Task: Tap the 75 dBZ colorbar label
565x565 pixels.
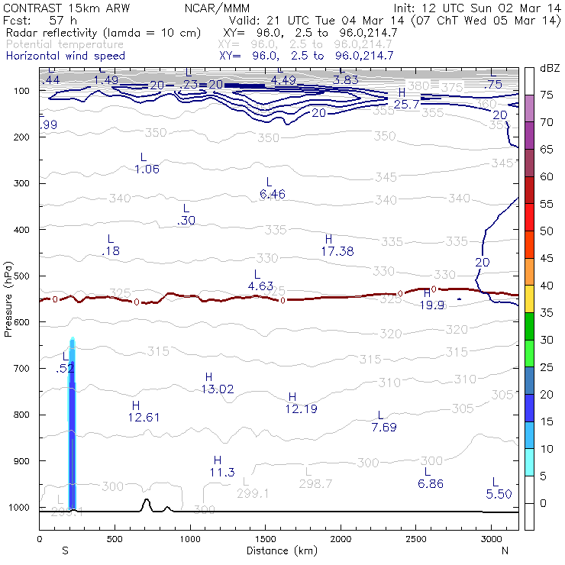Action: click(547, 95)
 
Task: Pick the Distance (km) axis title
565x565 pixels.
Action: click(278, 550)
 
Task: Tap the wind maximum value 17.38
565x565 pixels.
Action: click(337, 250)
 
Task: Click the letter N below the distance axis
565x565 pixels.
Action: click(505, 550)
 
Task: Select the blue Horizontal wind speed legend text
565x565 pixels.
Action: click(65, 56)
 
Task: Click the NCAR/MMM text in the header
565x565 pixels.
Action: click(217, 8)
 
